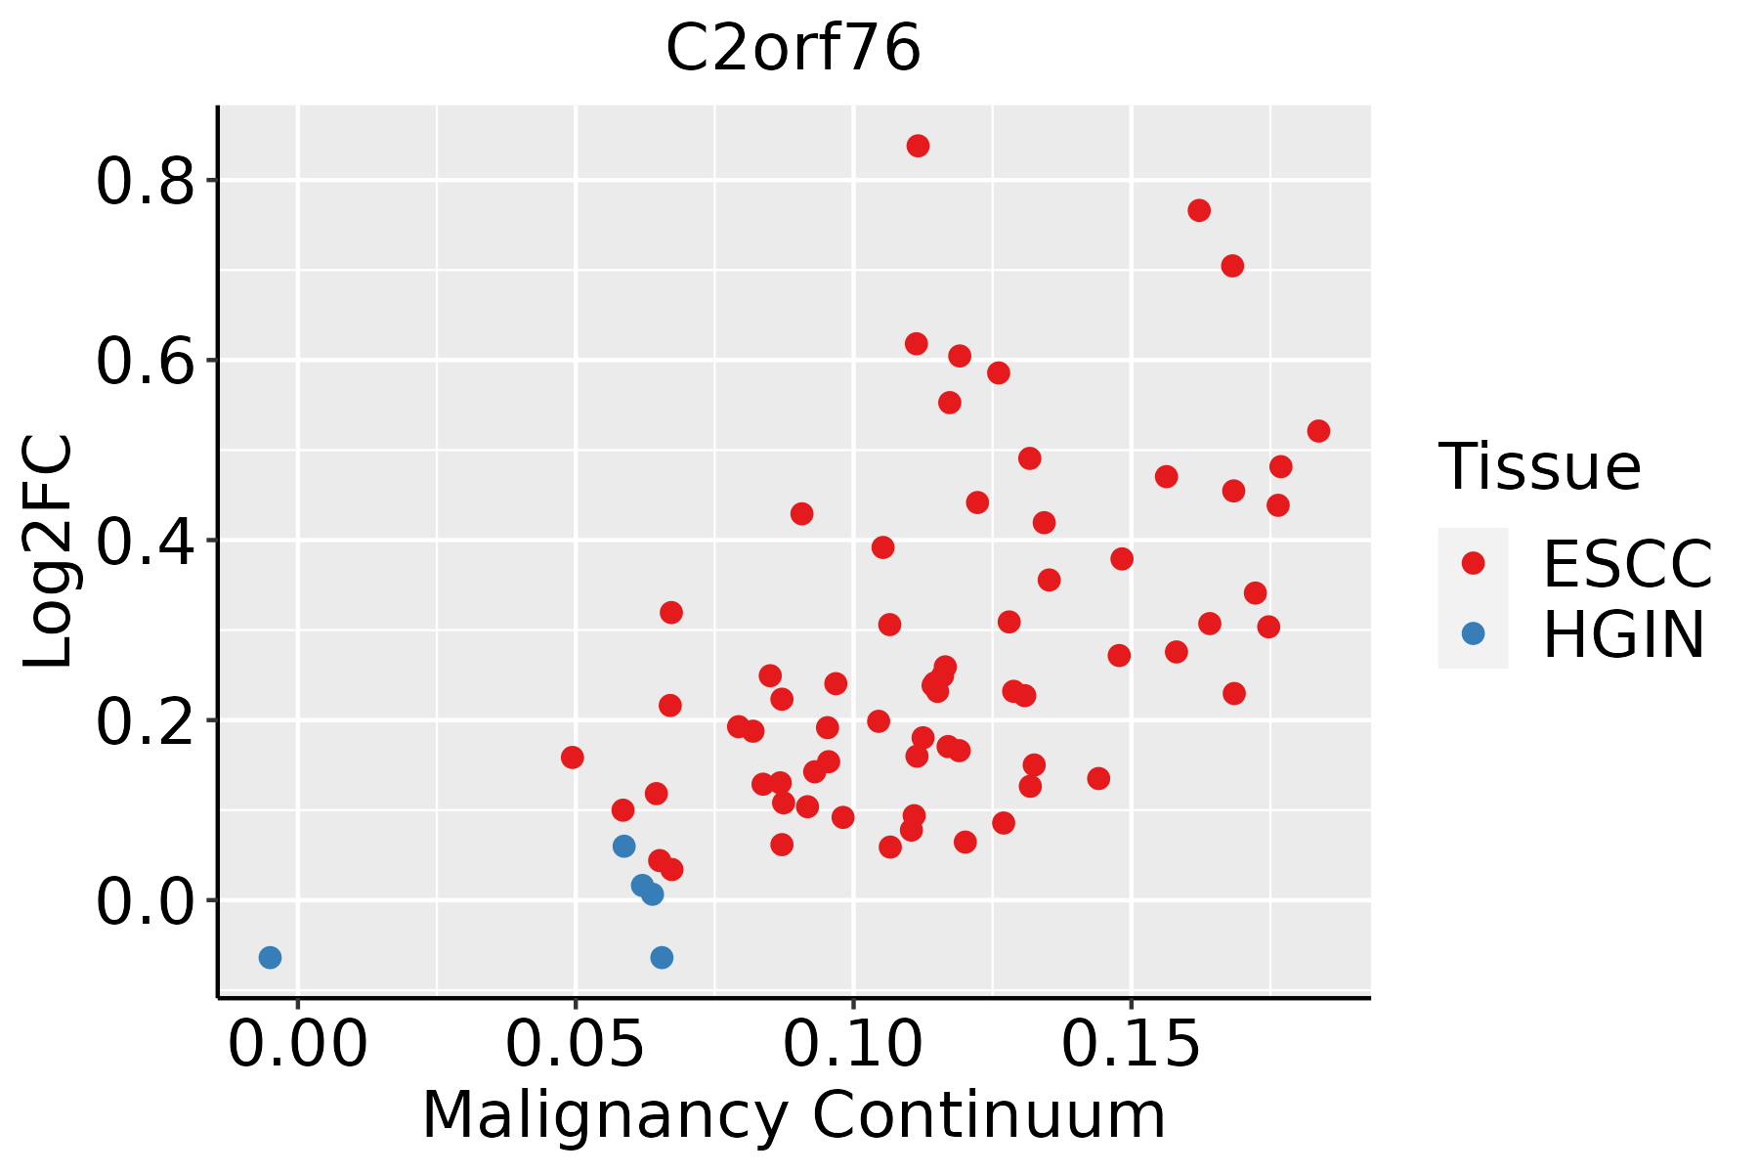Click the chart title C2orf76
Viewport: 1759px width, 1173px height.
(793, 48)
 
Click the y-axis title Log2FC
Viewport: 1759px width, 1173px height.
(48, 551)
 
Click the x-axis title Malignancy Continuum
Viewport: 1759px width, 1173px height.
(794, 1115)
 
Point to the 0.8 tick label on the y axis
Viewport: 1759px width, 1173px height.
(146, 181)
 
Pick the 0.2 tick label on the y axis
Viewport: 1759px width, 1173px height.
(146, 721)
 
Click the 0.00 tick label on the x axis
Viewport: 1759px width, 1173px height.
(298, 1044)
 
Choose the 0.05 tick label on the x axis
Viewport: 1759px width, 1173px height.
(576, 1044)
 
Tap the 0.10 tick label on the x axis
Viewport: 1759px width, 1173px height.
(853, 1044)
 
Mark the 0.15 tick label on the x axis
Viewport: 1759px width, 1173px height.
(1131, 1044)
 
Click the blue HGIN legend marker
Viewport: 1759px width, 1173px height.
(1473, 633)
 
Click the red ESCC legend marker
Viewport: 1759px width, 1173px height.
(1473, 563)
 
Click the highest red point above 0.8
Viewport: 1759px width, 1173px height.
(918, 146)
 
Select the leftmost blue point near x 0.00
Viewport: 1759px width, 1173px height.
(270, 957)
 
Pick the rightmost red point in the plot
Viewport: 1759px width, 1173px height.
(1318, 431)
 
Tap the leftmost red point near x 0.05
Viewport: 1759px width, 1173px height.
(573, 758)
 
